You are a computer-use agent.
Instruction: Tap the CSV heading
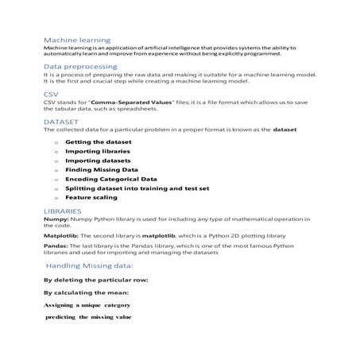pyautogui.click(x=51, y=94)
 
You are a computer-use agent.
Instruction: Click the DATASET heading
pyautogui.click(x=60, y=122)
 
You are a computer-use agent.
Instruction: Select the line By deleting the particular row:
pyautogui.click(x=96, y=281)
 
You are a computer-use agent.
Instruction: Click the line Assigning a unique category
pyautogui.click(x=87, y=304)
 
